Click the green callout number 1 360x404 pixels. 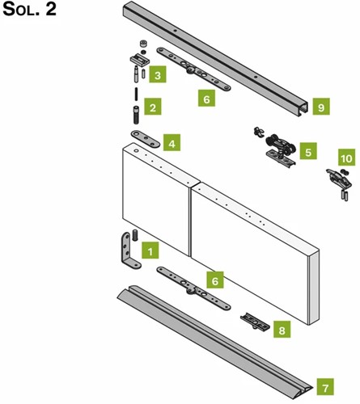150,250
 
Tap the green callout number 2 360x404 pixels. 153,107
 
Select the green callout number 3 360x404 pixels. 158,74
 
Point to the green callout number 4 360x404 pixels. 172,143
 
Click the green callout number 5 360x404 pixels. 308,151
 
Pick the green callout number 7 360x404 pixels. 325,387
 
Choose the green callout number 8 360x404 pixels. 282,329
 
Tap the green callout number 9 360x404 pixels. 321,107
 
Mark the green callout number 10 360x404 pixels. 347,158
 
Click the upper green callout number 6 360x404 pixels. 206,98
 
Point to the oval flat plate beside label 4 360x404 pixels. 146,139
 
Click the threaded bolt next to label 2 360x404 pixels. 137,115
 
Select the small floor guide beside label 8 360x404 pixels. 255,322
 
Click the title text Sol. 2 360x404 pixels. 29,9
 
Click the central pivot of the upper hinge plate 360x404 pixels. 190,70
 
